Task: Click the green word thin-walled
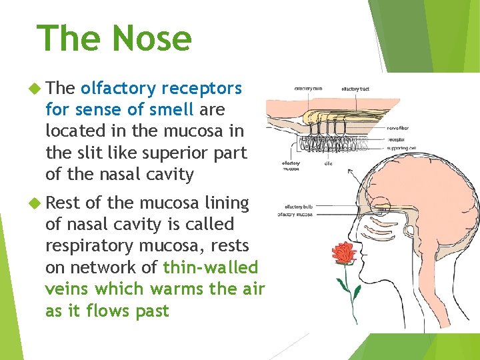click(211, 267)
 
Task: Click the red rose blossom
click(343, 253)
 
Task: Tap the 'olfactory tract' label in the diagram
click(355, 89)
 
